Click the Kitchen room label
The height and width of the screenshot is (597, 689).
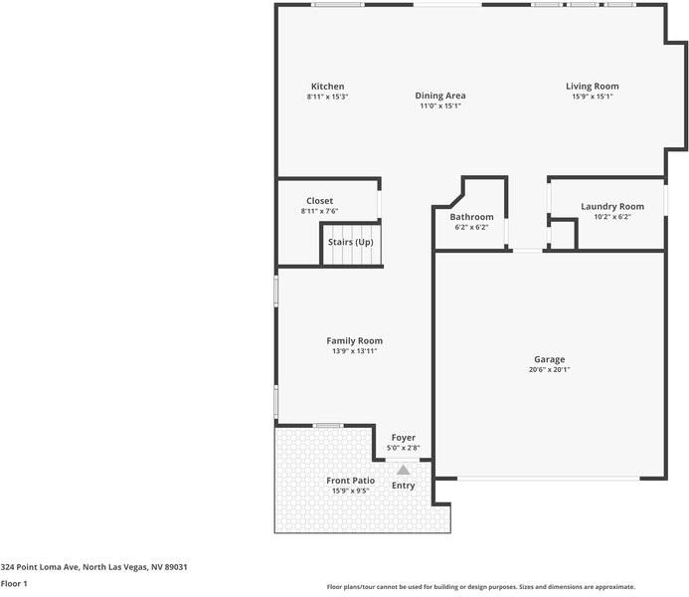tap(327, 87)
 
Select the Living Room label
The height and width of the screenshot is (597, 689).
tap(593, 87)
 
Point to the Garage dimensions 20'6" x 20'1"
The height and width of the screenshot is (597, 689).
tap(549, 369)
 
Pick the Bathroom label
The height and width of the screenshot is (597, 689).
tap(471, 217)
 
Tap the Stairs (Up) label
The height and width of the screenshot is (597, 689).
tap(351, 242)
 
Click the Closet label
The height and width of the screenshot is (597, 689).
tap(319, 201)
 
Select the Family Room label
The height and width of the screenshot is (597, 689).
tap(354, 340)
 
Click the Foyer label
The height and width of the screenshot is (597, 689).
tap(403, 438)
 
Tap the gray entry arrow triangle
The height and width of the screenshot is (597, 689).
tap(403, 470)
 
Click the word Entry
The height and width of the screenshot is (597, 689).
tap(403, 486)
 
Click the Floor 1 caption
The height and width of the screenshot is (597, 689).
tap(14, 583)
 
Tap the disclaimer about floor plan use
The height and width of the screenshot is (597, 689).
tap(481, 587)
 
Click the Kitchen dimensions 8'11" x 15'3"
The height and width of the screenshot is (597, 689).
tap(327, 97)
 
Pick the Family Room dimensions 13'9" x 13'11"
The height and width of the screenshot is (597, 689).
tap(354, 350)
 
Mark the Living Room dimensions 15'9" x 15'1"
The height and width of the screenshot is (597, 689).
tap(593, 97)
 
